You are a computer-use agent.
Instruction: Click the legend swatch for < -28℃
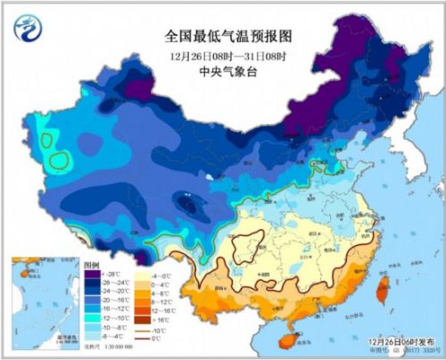click(x=89, y=274)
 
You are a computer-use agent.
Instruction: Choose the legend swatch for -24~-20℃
click(x=89, y=290)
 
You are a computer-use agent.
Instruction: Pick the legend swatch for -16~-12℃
click(x=89, y=307)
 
